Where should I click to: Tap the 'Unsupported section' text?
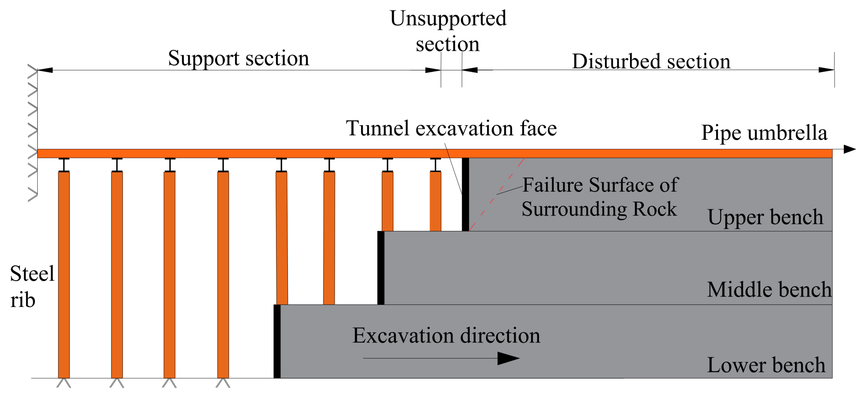point(447,31)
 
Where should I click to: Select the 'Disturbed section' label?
point(651,61)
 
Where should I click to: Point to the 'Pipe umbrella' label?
point(764,133)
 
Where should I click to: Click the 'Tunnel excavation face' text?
point(451,128)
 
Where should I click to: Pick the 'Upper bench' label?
point(765,217)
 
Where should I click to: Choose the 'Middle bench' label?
point(769,289)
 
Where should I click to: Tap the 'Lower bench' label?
point(766,365)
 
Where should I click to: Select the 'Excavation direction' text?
point(446,336)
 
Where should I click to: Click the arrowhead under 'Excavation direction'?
point(508,358)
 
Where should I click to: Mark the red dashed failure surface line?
point(496,194)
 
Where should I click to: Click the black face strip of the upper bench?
point(465,194)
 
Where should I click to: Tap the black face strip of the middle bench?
point(381,268)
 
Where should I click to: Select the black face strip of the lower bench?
point(277,341)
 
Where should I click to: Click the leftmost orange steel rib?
point(64,275)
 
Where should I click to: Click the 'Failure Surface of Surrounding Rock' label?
point(599,197)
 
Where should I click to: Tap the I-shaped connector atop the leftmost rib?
point(64,165)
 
